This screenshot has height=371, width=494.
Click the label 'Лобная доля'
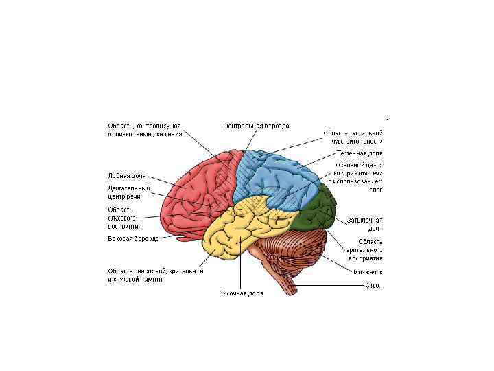[x=127, y=175]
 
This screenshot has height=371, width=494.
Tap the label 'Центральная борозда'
[x=256, y=126]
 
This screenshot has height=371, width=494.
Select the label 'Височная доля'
[x=241, y=293]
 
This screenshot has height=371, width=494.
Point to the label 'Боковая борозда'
[x=132, y=239]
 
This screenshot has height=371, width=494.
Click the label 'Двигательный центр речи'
[x=127, y=192]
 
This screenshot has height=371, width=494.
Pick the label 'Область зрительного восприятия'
[x=364, y=250]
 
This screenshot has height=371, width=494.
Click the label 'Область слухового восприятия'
[x=124, y=218]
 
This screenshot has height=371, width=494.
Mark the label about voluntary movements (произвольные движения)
[x=144, y=130]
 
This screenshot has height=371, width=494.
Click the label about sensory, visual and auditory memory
[x=154, y=274]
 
